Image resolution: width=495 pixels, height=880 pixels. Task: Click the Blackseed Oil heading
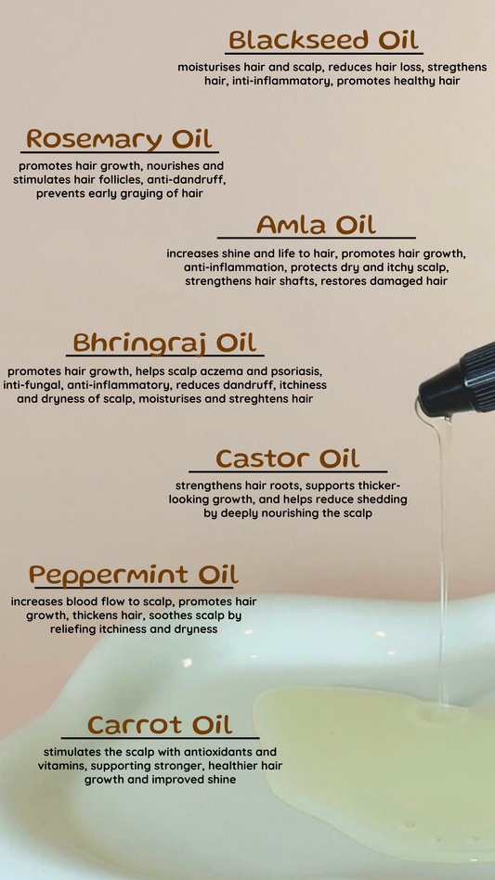(324, 41)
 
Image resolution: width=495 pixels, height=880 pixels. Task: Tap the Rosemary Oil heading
(120, 139)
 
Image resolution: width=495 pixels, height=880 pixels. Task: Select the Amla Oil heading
(316, 226)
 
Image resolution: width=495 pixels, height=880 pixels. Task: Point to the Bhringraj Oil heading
(164, 343)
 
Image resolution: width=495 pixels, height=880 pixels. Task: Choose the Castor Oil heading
(288, 459)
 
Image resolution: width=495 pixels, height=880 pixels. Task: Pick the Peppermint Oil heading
(133, 575)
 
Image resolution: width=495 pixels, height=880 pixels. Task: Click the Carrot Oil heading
(160, 725)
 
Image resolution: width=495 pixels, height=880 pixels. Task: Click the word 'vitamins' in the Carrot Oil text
(64, 766)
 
